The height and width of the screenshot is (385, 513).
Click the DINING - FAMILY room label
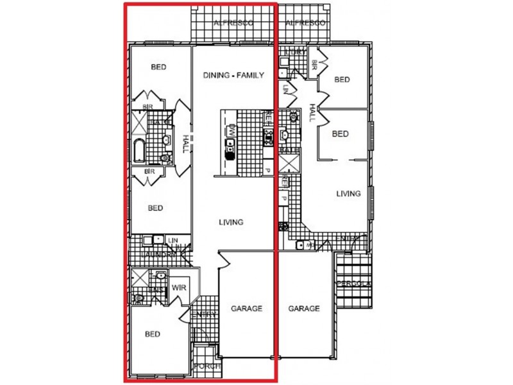point(233,75)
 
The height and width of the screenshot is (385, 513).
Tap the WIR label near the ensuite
point(178,288)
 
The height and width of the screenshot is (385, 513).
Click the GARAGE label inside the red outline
point(246,309)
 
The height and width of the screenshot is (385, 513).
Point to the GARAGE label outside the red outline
point(303,309)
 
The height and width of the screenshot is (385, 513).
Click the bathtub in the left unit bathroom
point(139,150)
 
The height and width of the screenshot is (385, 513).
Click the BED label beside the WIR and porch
point(152,334)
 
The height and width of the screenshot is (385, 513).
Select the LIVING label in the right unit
point(348,193)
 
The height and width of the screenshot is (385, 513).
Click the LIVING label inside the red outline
point(231,223)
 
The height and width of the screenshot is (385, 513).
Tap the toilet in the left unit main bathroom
point(165,156)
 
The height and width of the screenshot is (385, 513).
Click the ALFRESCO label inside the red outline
point(233,23)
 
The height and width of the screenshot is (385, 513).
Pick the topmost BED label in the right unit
point(342,80)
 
